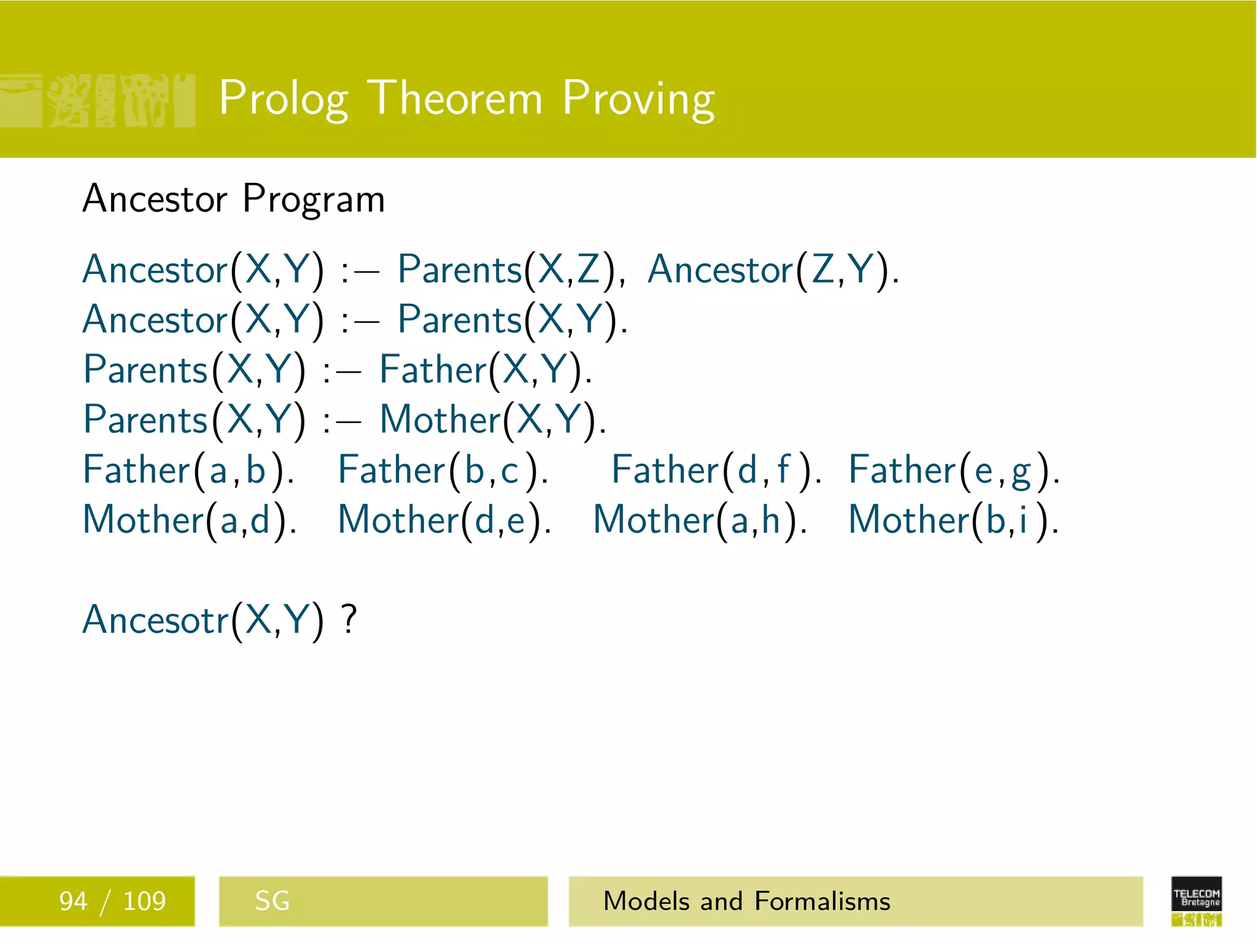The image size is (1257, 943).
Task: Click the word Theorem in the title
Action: tap(457, 98)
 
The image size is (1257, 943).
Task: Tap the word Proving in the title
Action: tap(638, 98)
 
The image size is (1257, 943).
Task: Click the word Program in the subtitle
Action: tap(314, 200)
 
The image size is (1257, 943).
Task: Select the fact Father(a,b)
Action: tap(188, 471)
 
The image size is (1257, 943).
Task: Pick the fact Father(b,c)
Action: tap(443, 471)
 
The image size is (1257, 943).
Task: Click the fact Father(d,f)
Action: tap(716, 471)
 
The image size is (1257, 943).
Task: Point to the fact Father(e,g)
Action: tap(953, 471)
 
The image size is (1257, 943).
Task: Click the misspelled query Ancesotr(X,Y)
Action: tap(203, 620)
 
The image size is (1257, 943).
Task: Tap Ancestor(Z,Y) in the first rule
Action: tap(772, 270)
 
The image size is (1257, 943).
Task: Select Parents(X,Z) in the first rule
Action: tap(511, 270)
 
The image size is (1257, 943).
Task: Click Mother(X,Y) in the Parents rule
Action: tap(492, 421)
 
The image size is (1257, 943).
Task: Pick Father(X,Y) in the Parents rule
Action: tap(485, 371)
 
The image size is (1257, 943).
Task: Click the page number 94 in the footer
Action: tap(73, 901)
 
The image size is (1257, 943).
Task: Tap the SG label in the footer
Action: tap(272, 901)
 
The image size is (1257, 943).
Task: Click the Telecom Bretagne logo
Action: tap(1196, 901)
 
